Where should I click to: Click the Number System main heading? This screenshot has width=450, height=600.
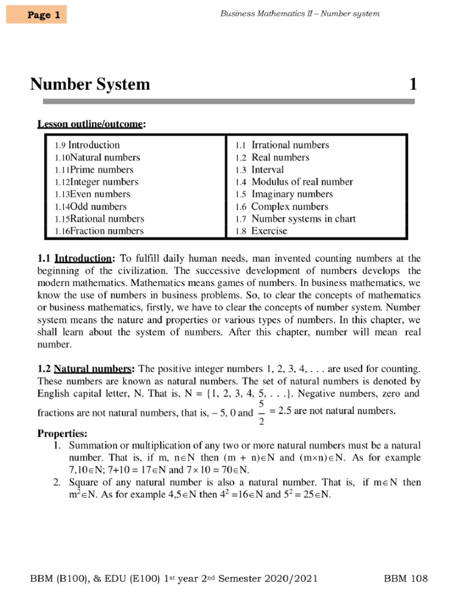click(x=90, y=85)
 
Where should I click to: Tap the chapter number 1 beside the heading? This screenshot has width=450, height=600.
click(x=412, y=85)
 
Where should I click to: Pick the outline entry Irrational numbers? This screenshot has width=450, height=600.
click(x=289, y=145)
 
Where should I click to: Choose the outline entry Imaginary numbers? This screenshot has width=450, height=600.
click(x=292, y=194)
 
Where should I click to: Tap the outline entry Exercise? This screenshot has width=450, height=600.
click(x=269, y=231)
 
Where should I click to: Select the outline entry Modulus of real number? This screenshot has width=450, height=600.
click(x=302, y=182)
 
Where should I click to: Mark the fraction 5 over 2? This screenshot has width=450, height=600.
click(x=261, y=412)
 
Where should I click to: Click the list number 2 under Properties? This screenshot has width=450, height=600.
click(x=57, y=482)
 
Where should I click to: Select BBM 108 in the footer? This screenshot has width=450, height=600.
click(x=406, y=579)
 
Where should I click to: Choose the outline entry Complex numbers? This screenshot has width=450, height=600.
click(x=289, y=206)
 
